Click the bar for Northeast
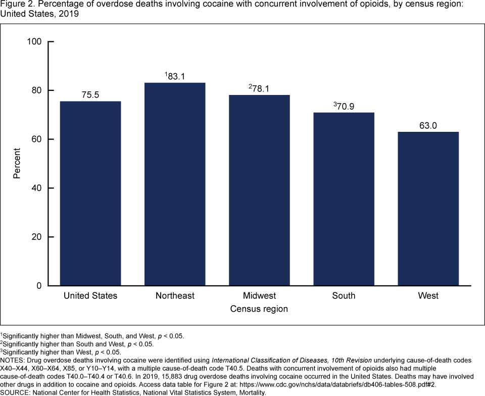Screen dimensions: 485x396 tap(175, 184)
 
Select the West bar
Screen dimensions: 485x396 tap(428, 209)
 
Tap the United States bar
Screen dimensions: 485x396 tap(90, 193)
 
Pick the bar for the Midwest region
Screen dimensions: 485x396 tap(259, 190)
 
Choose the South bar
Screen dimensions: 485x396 tap(344, 199)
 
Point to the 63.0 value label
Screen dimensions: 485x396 tap(428, 125)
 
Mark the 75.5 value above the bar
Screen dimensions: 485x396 tap(90, 95)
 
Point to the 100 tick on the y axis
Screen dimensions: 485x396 tap(34, 41)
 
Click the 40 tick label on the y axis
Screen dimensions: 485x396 tap(37, 188)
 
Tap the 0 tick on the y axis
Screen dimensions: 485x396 tap(39, 286)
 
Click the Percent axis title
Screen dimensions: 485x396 tap(17, 163)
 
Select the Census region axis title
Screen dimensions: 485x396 tap(259, 309)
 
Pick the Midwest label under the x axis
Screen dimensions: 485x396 tap(259, 295)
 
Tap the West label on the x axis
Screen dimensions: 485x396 tap(428, 295)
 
